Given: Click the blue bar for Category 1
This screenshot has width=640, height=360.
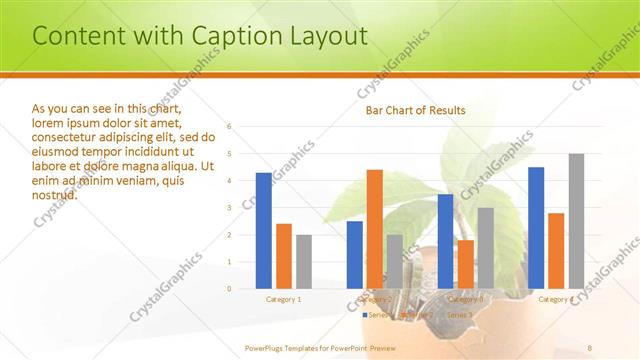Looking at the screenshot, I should [x=264, y=231].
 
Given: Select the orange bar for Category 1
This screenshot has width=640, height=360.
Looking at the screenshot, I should [x=284, y=256].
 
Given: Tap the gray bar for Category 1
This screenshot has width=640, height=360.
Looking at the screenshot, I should [x=304, y=262].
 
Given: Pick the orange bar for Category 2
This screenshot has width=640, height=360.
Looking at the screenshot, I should [x=375, y=229].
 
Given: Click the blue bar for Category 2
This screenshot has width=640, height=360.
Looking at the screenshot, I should [x=355, y=255].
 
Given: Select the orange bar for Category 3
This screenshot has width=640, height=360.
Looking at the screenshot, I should [x=465, y=264].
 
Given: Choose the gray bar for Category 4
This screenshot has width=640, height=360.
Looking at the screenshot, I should [x=576, y=221].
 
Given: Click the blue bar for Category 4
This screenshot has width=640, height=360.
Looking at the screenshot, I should [x=536, y=228].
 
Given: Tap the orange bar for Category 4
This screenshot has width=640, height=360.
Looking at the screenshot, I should [x=556, y=251].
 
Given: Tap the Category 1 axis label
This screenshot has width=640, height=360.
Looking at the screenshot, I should [x=284, y=299].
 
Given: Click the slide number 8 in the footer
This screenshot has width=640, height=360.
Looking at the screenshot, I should [x=590, y=347].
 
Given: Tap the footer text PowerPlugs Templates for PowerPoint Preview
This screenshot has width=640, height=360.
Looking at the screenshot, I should [x=320, y=347].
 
